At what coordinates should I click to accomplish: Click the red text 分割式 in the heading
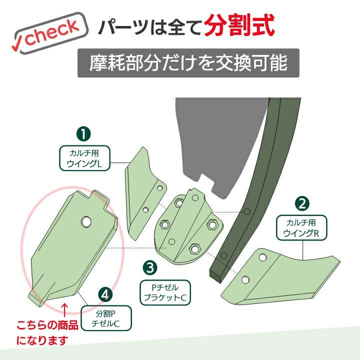pyautogui.click(x=239, y=25)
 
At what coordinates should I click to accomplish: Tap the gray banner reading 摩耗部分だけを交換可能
pyautogui.click(x=188, y=63)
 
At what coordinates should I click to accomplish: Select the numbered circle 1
pyautogui.click(x=83, y=134)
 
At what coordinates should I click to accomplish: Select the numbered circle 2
pyautogui.click(x=302, y=203)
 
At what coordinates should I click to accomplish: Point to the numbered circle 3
pyautogui.click(x=150, y=268)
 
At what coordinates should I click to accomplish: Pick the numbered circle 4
pyautogui.click(x=105, y=295)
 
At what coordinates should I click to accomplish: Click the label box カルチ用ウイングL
pyautogui.click(x=84, y=158)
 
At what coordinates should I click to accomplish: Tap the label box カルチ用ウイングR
pyautogui.click(x=301, y=228)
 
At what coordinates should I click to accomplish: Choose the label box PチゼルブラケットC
pyautogui.click(x=165, y=292)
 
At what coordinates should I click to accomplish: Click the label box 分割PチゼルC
pyautogui.click(x=106, y=318)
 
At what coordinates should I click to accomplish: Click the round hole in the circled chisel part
pyautogui.click(x=86, y=221)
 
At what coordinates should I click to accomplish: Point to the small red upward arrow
pyautogui.click(x=65, y=309)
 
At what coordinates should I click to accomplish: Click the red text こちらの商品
pyautogui.click(x=47, y=325)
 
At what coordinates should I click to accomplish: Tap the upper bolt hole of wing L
pyautogui.click(x=160, y=188)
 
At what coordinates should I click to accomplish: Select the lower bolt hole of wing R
pyautogui.click(x=245, y=280)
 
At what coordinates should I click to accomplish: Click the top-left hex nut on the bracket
pyautogui.click(x=178, y=203)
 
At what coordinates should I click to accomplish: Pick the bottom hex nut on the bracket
pyautogui.click(x=194, y=248)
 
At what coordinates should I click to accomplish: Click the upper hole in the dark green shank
pyautogui.click(x=247, y=211)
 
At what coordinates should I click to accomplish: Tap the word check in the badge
pyautogui.click(x=52, y=32)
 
